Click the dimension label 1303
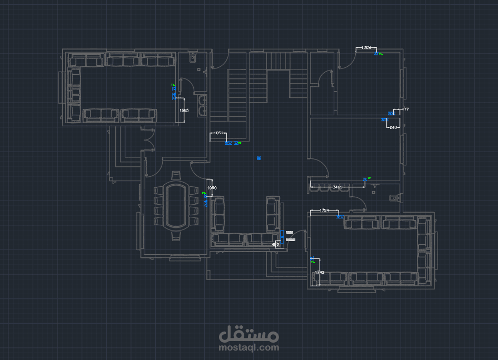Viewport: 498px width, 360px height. tap(366, 48)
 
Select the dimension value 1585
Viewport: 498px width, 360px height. tap(184, 111)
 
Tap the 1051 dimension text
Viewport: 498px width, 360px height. tap(217, 133)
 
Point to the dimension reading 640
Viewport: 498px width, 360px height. tap(393, 127)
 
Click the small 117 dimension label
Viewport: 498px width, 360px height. tap(405, 109)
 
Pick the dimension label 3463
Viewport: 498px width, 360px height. tap(337, 187)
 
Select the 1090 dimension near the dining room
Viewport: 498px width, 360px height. tap(212, 188)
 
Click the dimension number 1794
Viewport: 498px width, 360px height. tap(324, 211)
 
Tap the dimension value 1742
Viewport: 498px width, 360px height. tap(320, 272)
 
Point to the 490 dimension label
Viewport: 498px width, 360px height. tap(275, 245)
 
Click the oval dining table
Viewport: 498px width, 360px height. tap(176, 205)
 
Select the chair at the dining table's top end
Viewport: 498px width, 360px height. tap(176, 176)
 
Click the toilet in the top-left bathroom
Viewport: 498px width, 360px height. tap(192, 58)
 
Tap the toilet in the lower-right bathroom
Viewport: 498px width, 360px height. tap(393, 198)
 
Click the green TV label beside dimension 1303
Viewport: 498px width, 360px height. tap(381, 54)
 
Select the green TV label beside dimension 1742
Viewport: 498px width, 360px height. tap(312, 257)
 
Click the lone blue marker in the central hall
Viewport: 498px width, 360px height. tap(258, 157)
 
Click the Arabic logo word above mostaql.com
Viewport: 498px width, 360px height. tap(249, 333)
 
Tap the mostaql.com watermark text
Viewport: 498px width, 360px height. tap(249, 347)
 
